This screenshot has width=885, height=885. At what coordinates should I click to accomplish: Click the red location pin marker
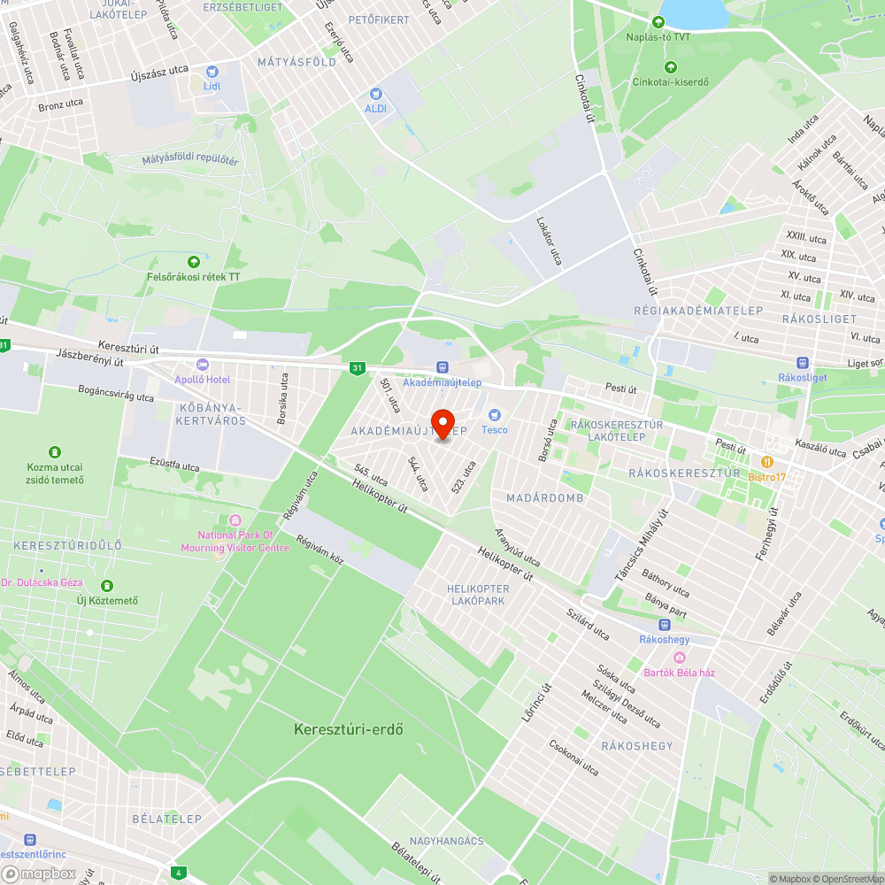pos(442,422)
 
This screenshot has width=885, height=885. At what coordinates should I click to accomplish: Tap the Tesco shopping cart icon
pos(495,414)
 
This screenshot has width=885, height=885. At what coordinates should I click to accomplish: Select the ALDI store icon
pos(376,93)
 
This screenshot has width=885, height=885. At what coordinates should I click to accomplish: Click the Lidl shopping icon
pos(212,71)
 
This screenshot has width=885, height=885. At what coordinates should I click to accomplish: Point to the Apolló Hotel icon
pos(203,364)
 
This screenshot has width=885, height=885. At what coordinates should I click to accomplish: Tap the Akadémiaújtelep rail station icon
pos(442,366)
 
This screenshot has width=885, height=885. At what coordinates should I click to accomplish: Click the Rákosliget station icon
pos(803,362)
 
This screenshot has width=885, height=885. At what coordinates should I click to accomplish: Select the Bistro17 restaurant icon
pos(767,461)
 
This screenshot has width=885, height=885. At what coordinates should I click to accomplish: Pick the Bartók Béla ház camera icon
pos(680,657)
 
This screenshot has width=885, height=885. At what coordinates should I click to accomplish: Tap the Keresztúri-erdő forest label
pos(349,730)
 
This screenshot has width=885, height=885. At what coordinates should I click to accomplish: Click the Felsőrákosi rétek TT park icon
pos(194,261)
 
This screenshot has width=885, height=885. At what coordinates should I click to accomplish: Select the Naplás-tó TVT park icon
pos(658,21)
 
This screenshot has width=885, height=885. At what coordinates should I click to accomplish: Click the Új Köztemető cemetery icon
pos(107,585)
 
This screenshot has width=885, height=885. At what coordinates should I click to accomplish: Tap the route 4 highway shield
pos(180,872)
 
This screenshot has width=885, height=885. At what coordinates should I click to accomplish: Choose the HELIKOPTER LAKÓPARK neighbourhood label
pos(478,595)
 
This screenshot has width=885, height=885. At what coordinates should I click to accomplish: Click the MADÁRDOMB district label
pos(545,498)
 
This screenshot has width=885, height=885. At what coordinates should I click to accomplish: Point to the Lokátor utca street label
pos(549,242)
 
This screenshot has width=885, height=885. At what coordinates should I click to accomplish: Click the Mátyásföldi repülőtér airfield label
pos(190,160)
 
